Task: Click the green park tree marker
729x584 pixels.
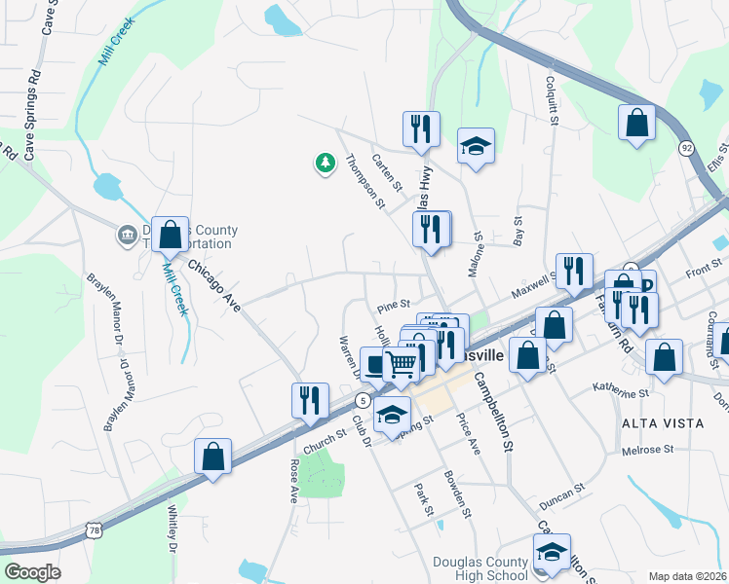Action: pos(325,164)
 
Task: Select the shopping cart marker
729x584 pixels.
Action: pos(401,366)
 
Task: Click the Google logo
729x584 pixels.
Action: pos(31,572)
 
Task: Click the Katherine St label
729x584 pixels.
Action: pos(621,391)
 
